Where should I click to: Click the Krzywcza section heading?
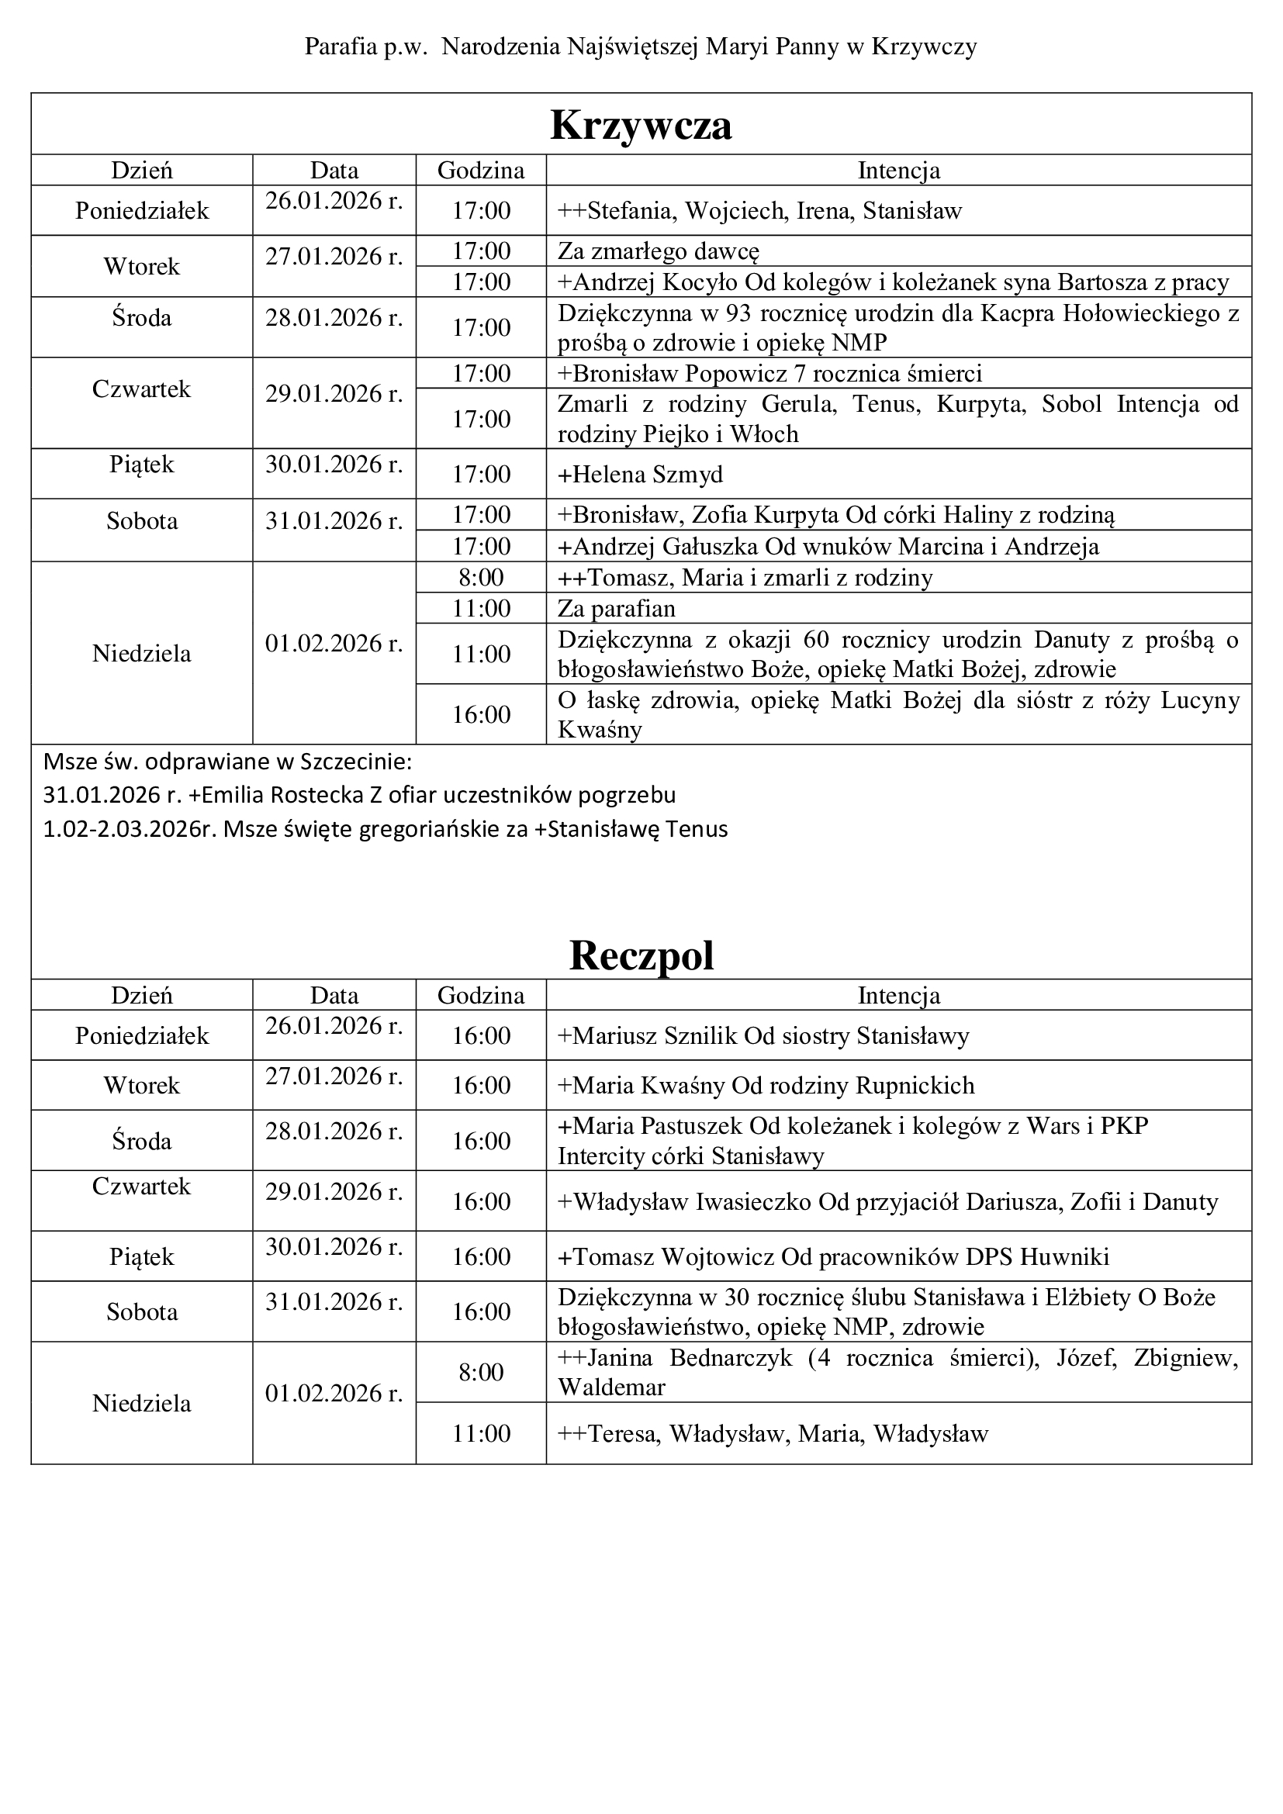coord(641,125)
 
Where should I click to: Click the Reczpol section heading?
coord(641,955)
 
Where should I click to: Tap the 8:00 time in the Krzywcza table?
coord(480,578)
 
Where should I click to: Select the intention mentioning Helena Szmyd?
coord(640,475)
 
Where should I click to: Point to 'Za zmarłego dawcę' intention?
coord(658,252)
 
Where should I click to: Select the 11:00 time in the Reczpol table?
coord(480,1434)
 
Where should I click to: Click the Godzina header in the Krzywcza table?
coord(480,171)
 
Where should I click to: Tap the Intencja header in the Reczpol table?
coord(898,996)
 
